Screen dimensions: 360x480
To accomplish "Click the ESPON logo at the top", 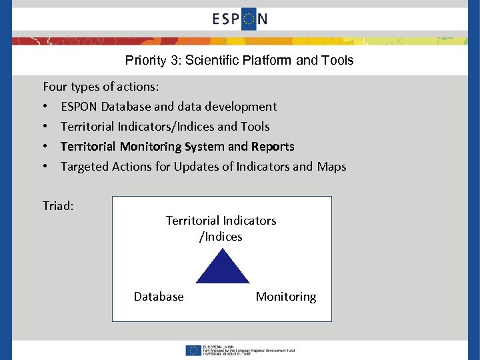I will point(240,19).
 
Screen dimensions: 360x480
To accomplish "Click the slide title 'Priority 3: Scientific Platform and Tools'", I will point(239,61).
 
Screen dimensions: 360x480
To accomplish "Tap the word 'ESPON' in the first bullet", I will point(80,107).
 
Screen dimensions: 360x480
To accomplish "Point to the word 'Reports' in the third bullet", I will point(273,147).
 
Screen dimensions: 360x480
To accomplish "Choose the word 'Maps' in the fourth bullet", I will point(331,167).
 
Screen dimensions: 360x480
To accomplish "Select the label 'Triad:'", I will point(58,206).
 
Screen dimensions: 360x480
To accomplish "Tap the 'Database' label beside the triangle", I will point(159,297).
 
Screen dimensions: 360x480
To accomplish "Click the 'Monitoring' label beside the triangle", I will point(286,297).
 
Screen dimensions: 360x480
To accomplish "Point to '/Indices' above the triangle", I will point(221,237).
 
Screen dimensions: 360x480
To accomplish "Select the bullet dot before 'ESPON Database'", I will point(45,107).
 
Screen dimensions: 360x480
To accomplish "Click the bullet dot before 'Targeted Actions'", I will point(45,167).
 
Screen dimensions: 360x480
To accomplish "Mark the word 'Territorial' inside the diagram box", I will point(193,221).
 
